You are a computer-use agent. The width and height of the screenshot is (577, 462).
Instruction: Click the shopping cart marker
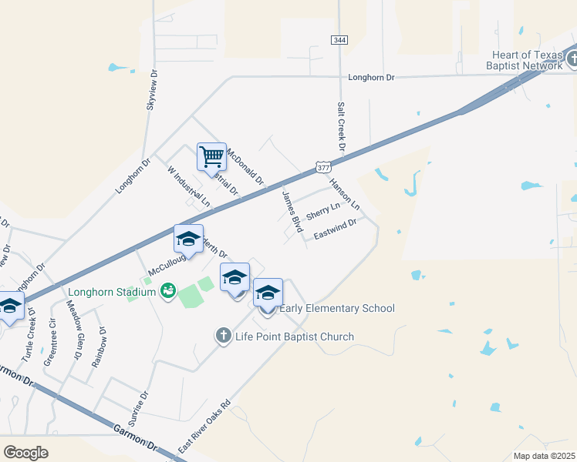211,157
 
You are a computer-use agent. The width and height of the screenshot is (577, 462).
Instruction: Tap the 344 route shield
339,39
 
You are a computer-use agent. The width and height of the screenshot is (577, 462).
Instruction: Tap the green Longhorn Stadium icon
167,291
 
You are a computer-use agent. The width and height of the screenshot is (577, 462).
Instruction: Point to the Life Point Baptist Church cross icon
224,336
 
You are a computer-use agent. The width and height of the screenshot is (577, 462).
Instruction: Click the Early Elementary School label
336,309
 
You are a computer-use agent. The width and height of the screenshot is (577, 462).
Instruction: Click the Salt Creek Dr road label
339,126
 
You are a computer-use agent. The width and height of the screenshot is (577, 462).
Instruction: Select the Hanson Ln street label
345,194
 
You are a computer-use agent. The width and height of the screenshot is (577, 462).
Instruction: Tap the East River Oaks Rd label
205,426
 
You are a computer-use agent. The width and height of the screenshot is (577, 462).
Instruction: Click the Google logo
25,452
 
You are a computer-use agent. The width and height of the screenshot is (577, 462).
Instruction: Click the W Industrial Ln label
188,186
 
